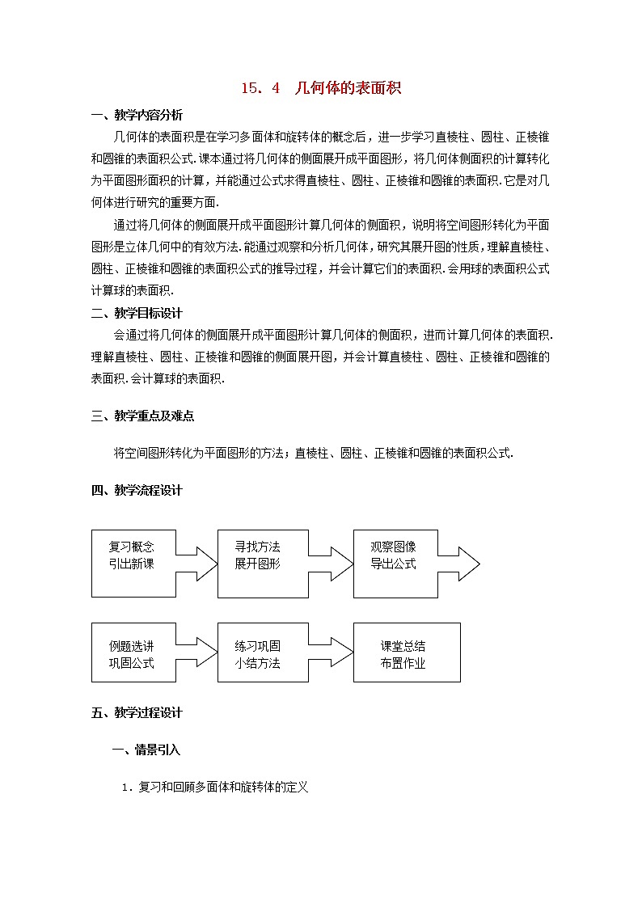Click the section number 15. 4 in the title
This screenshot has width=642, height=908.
coord(260,89)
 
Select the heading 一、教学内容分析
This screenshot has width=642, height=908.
coord(137,115)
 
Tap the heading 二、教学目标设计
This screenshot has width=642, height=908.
coord(137,313)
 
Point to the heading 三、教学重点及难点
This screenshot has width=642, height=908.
coord(142,416)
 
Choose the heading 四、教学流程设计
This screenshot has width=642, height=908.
coord(137,490)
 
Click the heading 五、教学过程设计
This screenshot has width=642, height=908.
coord(137,712)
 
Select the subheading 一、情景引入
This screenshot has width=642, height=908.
coord(146,750)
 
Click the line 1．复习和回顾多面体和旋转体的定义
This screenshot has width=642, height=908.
coord(215,787)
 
